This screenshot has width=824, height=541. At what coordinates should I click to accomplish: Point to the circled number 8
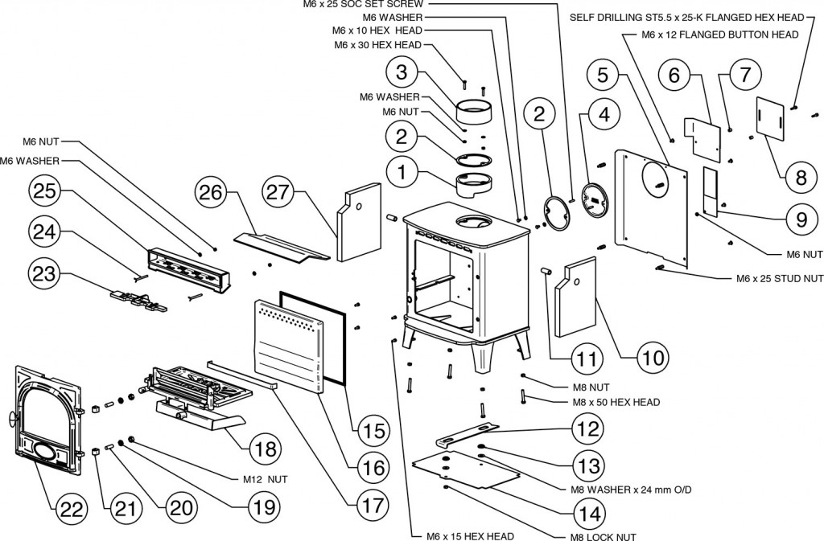pyautogui.click(x=800, y=178)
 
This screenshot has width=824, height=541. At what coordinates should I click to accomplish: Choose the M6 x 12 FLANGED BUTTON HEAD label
pyautogui.click(x=720, y=35)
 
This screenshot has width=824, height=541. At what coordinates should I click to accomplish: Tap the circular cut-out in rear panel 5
pyautogui.click(x=654, y=175)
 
